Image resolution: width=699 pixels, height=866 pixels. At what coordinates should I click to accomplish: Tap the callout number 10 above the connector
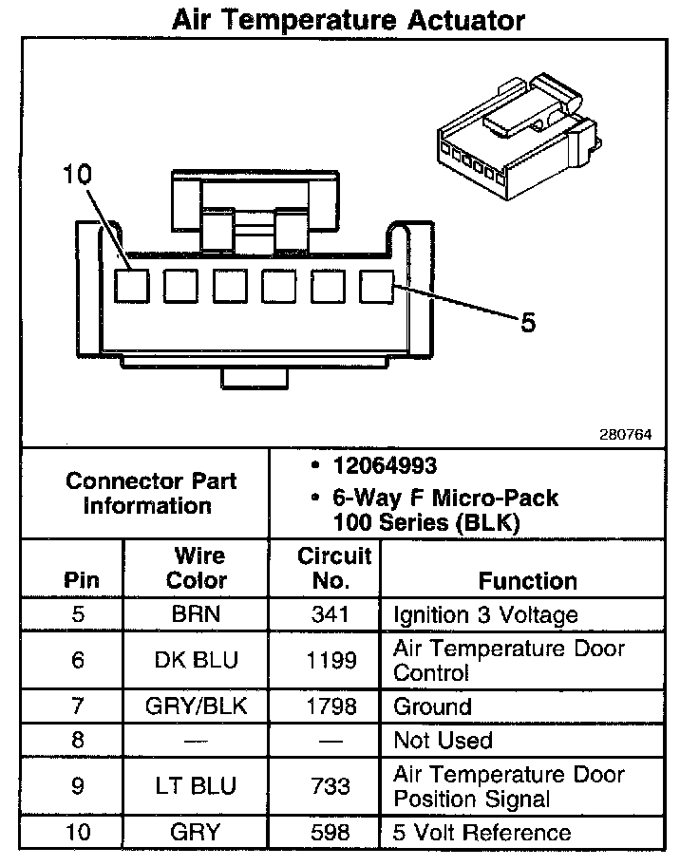[x=78, y=175]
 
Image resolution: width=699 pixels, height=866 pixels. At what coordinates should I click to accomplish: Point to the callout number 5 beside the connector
[x=528, y=323]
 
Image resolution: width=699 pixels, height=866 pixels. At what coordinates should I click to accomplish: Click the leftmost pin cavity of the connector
[x=131, y=286]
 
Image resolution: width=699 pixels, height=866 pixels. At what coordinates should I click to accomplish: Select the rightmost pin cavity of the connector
[x=377, y=286]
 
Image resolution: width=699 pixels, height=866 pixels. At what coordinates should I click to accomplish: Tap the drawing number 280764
[x=625, y=434]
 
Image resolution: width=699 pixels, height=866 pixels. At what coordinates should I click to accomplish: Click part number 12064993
[x=385, y=466]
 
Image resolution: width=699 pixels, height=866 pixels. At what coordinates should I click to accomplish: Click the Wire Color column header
[x=198, y=568]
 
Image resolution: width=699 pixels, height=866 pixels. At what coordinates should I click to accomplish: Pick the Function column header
[x=527, y=580]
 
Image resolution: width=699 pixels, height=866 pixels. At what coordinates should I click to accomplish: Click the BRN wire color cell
[x=197, y=614]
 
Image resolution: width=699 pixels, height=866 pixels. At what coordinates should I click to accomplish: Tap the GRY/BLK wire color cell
[x=197, y=706]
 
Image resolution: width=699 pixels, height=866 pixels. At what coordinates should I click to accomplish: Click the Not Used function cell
[x=443, y=740]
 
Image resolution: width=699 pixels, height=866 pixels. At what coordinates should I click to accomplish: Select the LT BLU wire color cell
[x=197, y=786]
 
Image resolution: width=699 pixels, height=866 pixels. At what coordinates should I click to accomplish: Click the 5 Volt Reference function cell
[x=482, y=833]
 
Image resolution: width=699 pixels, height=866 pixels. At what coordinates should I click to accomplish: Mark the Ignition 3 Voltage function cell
[x=485, y=614]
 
